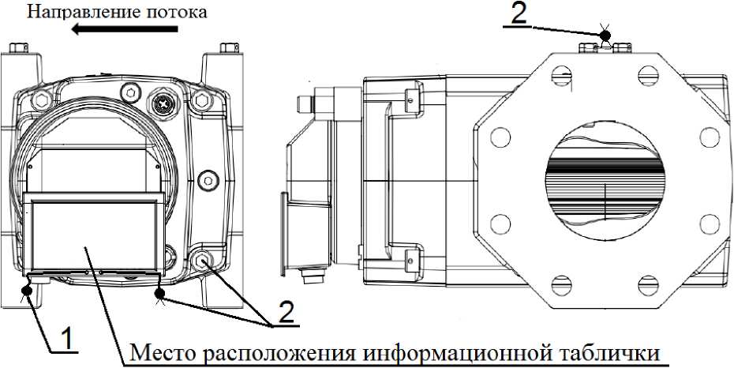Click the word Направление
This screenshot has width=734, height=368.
click(x=69, y=11)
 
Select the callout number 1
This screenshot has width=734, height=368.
click(x=69, y=339)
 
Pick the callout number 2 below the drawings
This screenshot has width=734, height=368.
click(x=287, y=314)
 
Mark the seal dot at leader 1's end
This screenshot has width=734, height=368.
click(x=28, y=291)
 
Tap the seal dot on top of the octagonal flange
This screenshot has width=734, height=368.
click(x=605, y=35)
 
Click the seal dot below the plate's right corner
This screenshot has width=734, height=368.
click(x=161, y=295)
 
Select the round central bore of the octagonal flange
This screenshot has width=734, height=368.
click(x=603, y=182)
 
